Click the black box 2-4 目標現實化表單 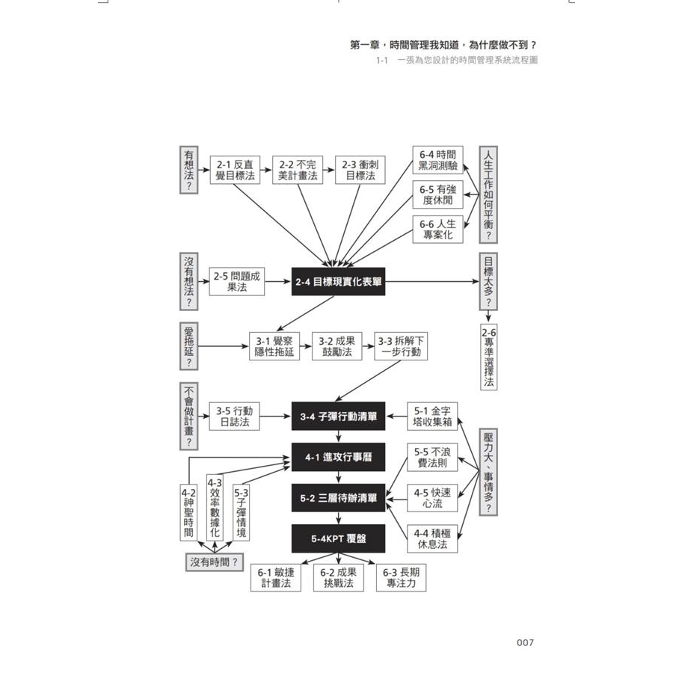coord(338,282)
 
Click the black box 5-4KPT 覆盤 coord(338,537)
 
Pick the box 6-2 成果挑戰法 coord(337,578)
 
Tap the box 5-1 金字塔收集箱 coord(432,417)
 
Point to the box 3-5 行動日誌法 coord(234,417)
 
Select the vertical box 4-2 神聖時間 coord(188,512)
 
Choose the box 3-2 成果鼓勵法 coord(336,346)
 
